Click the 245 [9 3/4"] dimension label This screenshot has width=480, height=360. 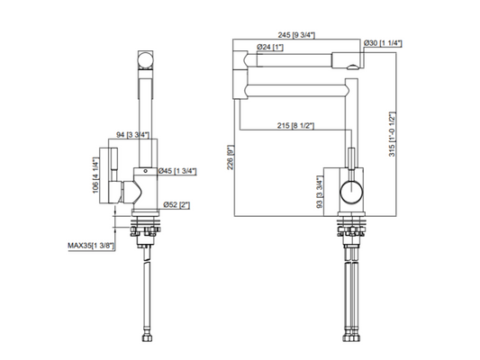click(x=296, y=35)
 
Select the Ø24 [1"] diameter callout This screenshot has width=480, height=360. click(x=270, y=47)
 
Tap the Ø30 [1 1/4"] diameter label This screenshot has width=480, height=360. click(x=383, y=43)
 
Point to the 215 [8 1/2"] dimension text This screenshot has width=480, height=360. click(x=295, y=125)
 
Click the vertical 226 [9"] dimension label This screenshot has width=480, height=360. click(x=231, y=157)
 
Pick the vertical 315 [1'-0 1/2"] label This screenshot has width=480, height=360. click(x=392, y=135)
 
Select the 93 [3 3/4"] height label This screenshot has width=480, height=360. click(x=320, y=193)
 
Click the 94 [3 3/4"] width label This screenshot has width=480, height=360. click(x=133, y=135)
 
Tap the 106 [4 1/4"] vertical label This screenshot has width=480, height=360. click(x=95, y=175)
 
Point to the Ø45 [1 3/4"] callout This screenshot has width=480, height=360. click(x=177, y=171)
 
